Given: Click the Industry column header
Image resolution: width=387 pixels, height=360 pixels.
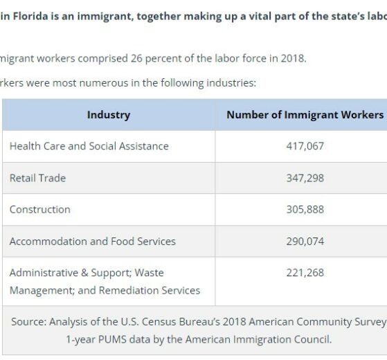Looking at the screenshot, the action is point(109,115).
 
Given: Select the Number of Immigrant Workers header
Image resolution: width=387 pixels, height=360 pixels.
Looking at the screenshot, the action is point(305,115).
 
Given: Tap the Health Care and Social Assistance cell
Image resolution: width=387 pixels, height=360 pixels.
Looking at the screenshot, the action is point(89,146).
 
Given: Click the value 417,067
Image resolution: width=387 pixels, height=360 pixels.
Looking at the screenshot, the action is point(305,146).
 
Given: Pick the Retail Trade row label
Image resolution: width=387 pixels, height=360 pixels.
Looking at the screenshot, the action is point(38,178).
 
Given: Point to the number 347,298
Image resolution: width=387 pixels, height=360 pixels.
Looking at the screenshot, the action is point(305,178).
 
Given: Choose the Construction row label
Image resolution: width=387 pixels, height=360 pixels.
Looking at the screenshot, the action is point(40,210).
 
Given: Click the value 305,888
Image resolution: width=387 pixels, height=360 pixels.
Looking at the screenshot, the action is point(305,210).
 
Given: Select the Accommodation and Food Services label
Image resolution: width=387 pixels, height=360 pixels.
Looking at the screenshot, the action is point(93,242).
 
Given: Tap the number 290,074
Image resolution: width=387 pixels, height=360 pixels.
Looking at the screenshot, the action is point(305,242).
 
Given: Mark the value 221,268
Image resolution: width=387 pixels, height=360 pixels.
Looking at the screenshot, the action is point(305,273).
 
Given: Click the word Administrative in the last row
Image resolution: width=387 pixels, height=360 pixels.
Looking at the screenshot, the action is point(44,273).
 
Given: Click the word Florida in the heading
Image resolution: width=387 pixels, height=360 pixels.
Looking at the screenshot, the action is point(30,17).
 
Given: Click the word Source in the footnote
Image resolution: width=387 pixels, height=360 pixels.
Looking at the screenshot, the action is point(28,322).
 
